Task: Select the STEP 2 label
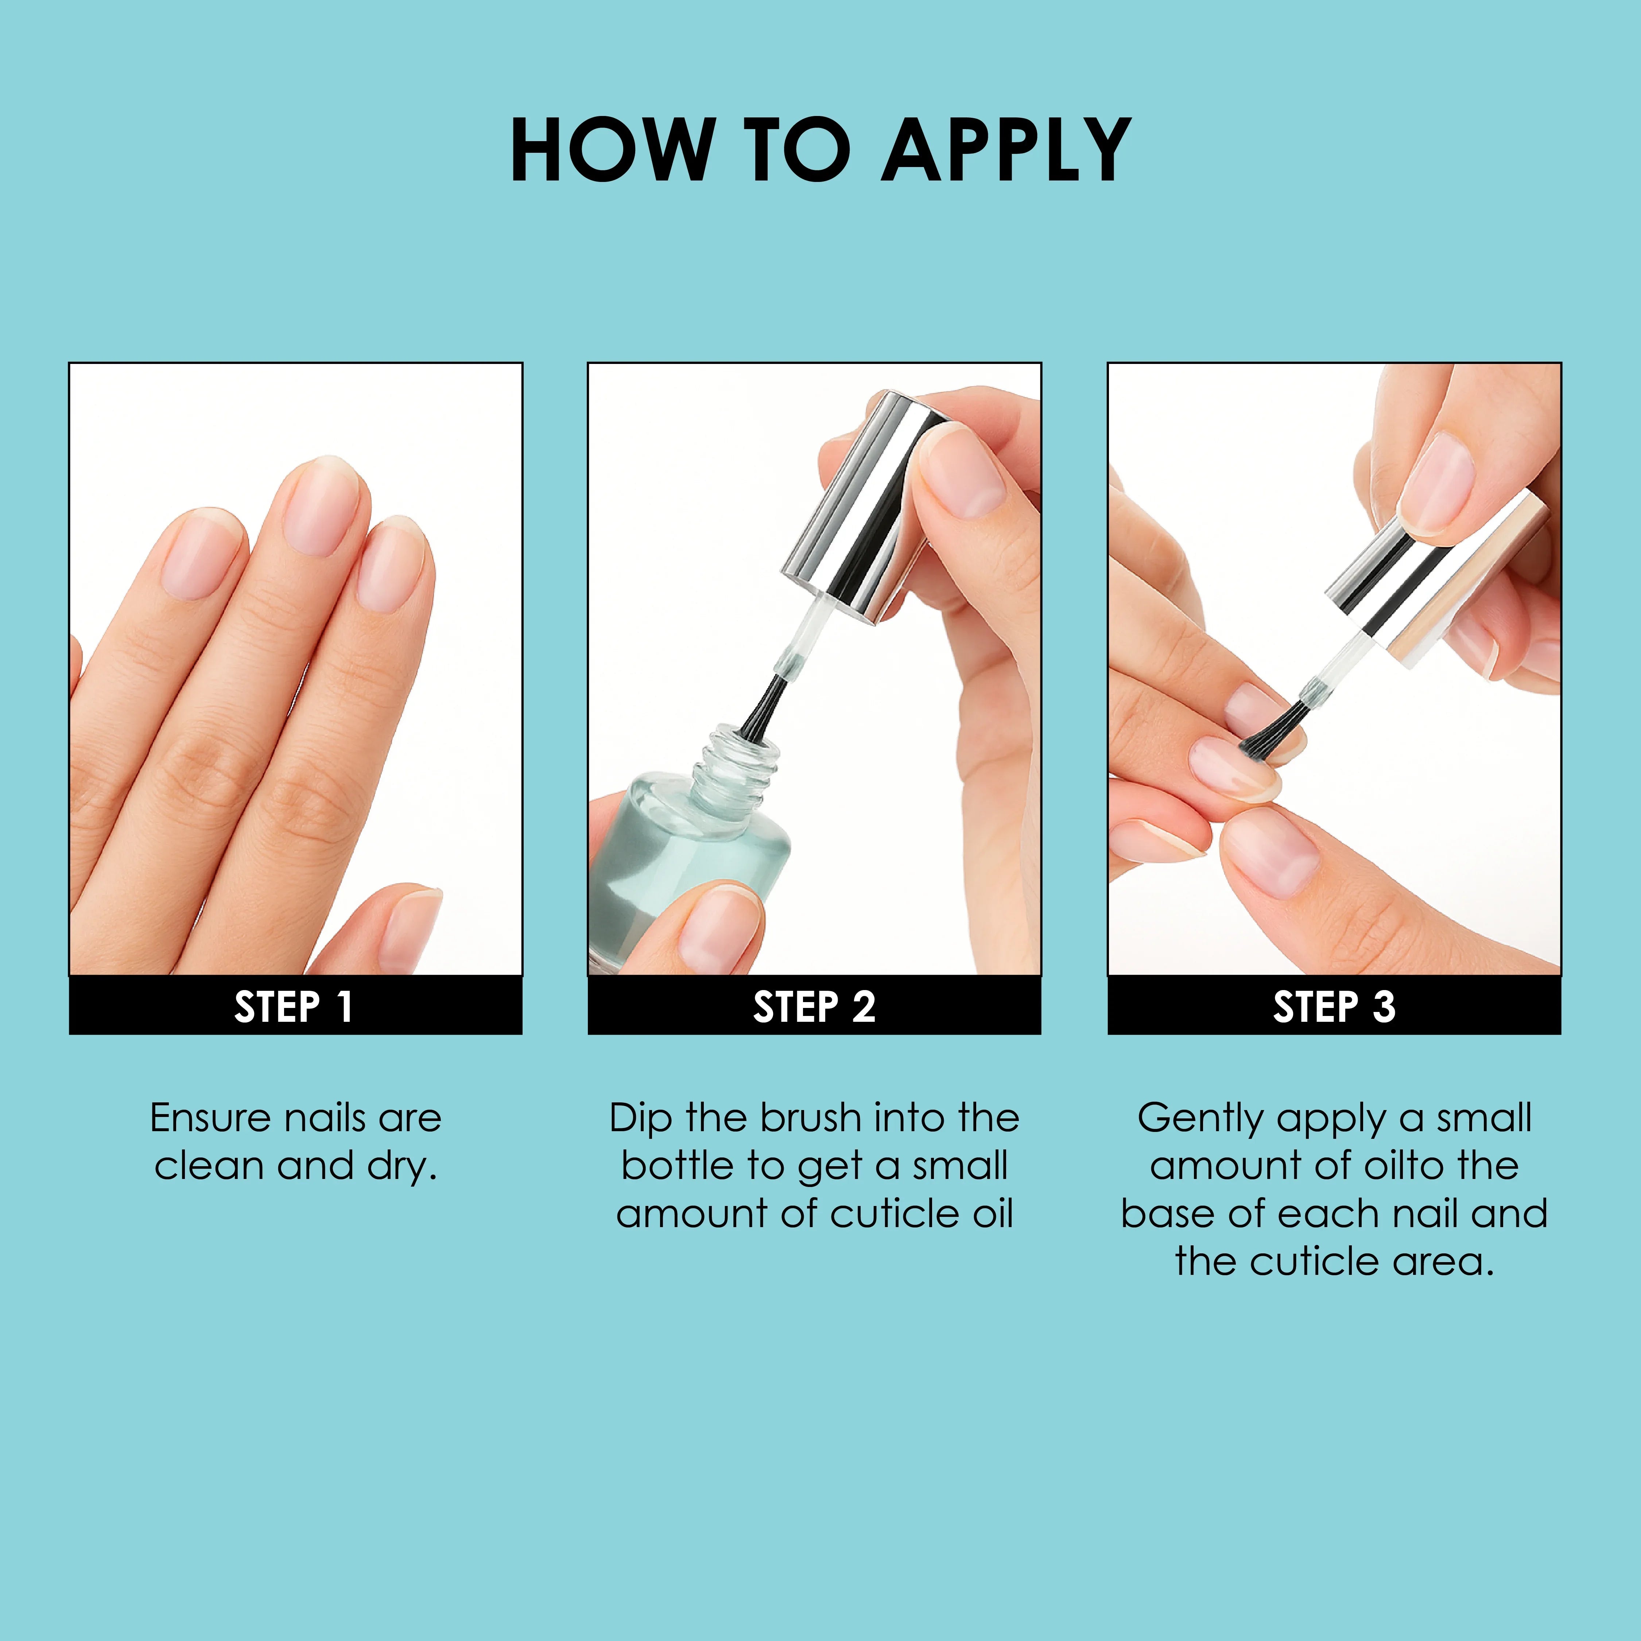[814, 1007]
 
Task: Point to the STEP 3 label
[1334, 1007]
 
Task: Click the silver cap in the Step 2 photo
[858, 510]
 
